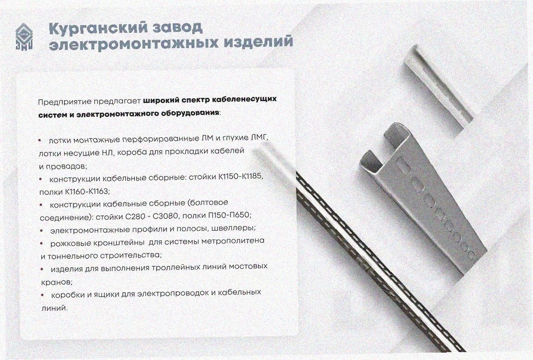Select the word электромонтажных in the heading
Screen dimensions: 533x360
click(x=133, y=44)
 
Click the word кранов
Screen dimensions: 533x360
click(x=56, y=282)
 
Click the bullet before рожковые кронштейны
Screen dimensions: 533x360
click(x=42, y=244)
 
